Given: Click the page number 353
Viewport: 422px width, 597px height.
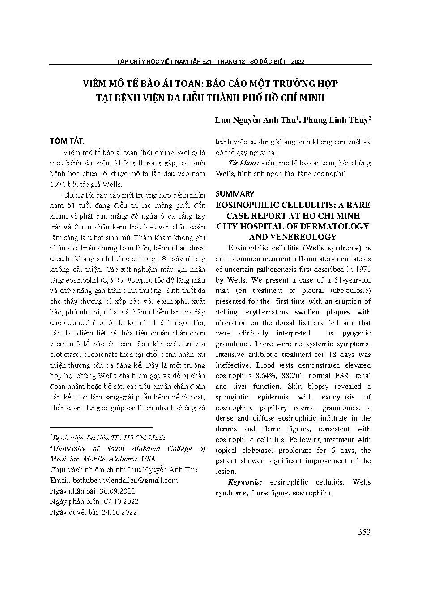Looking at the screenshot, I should [x=364, y=532].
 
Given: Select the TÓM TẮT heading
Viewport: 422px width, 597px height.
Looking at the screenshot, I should [x=66, y=141].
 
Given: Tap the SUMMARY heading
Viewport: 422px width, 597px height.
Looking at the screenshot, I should [x=234, y=194].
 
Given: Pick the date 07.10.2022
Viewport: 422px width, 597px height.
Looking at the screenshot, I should [x=120, y=502].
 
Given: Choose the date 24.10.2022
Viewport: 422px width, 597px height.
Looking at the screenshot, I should [x=118, y=512].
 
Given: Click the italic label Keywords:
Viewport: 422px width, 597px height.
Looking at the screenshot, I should [x=245, y=482].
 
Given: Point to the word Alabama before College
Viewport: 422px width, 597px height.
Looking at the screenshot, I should [x=145, y=449].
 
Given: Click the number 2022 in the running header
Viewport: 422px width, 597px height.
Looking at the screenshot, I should [x=298, y=62].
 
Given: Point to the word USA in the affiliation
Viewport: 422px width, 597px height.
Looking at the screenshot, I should [x=148, y=459].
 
